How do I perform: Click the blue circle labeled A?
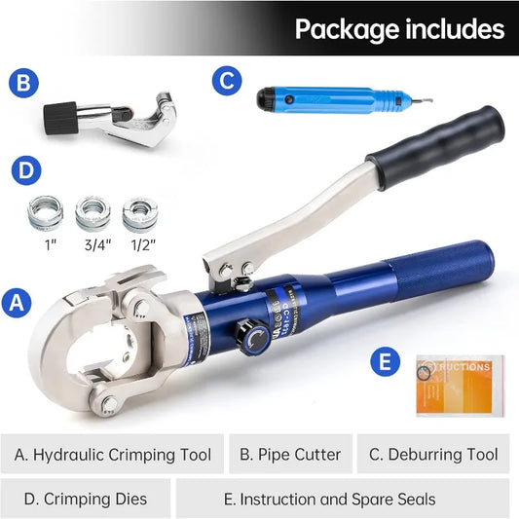click(15, 302)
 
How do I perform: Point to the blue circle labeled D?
click(26, 171)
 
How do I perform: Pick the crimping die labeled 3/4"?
click(93, 211)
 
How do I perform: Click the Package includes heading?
click(399, 29)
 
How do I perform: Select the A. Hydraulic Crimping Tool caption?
click(113, 455)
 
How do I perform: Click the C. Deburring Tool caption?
click(433, 455)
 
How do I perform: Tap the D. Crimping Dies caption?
click(85, 500)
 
